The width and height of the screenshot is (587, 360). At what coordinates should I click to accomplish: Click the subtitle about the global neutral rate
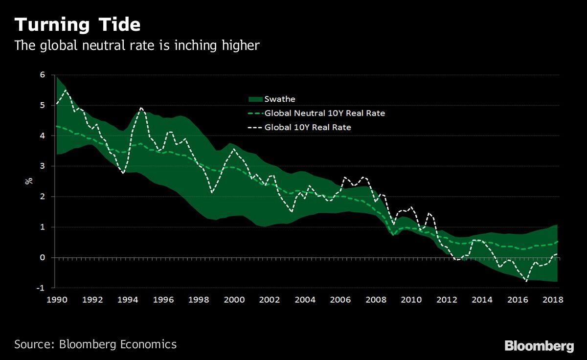pyautogui.click(x=136, y=45)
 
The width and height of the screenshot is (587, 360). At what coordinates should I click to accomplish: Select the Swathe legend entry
pyautogui.click(x=279, y=99)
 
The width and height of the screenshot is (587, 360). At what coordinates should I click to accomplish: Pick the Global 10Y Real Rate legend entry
pyautogui.click(x=308, y=127)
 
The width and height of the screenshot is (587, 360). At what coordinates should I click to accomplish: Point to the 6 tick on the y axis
pyautogui.click(x=43, y=75)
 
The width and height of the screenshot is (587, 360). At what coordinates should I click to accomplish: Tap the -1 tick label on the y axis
pyautogui.click(x=42, y=288)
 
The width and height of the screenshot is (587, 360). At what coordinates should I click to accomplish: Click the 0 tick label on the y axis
pyautogui.click(x=43, y=258)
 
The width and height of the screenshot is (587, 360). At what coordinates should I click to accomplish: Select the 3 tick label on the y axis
pyautogui.click(x=43, y=166)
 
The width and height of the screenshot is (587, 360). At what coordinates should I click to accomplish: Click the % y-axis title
pyautogui.click(x=28, y=180)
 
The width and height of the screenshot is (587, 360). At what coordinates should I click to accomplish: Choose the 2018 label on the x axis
pyautogui.click(x=553, y=299)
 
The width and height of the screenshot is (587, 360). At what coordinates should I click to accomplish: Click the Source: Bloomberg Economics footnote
pyautogui.click(x=95, y=344)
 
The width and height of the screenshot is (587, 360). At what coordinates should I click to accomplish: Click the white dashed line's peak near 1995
pyautogui.click(x=141, y=108)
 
